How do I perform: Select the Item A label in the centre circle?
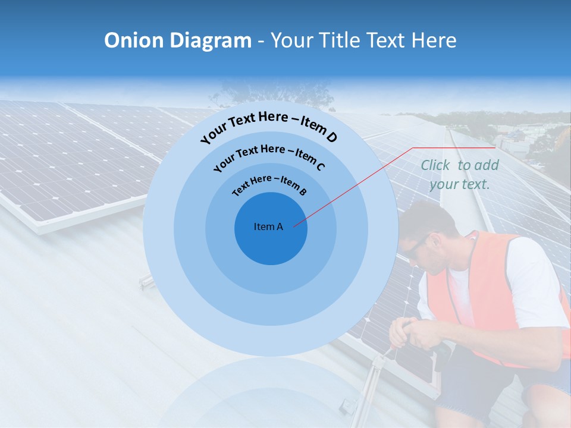[268, 226]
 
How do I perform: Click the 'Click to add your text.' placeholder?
[460, 175]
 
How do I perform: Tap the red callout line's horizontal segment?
[453, 148]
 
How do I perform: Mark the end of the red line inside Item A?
[294, 225]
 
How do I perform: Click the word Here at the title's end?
[434, 40]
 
